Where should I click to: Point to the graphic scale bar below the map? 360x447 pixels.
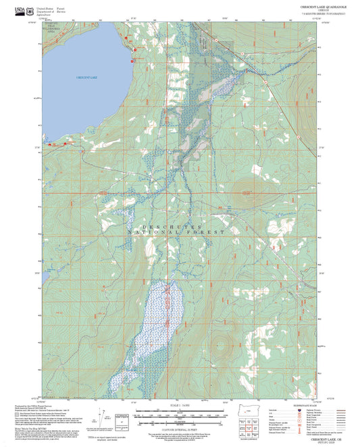click(x=179, y=415)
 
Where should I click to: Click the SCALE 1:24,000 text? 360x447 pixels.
click(x=179, y=407)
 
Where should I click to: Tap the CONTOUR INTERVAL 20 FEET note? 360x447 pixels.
click(x=179, y=427)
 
